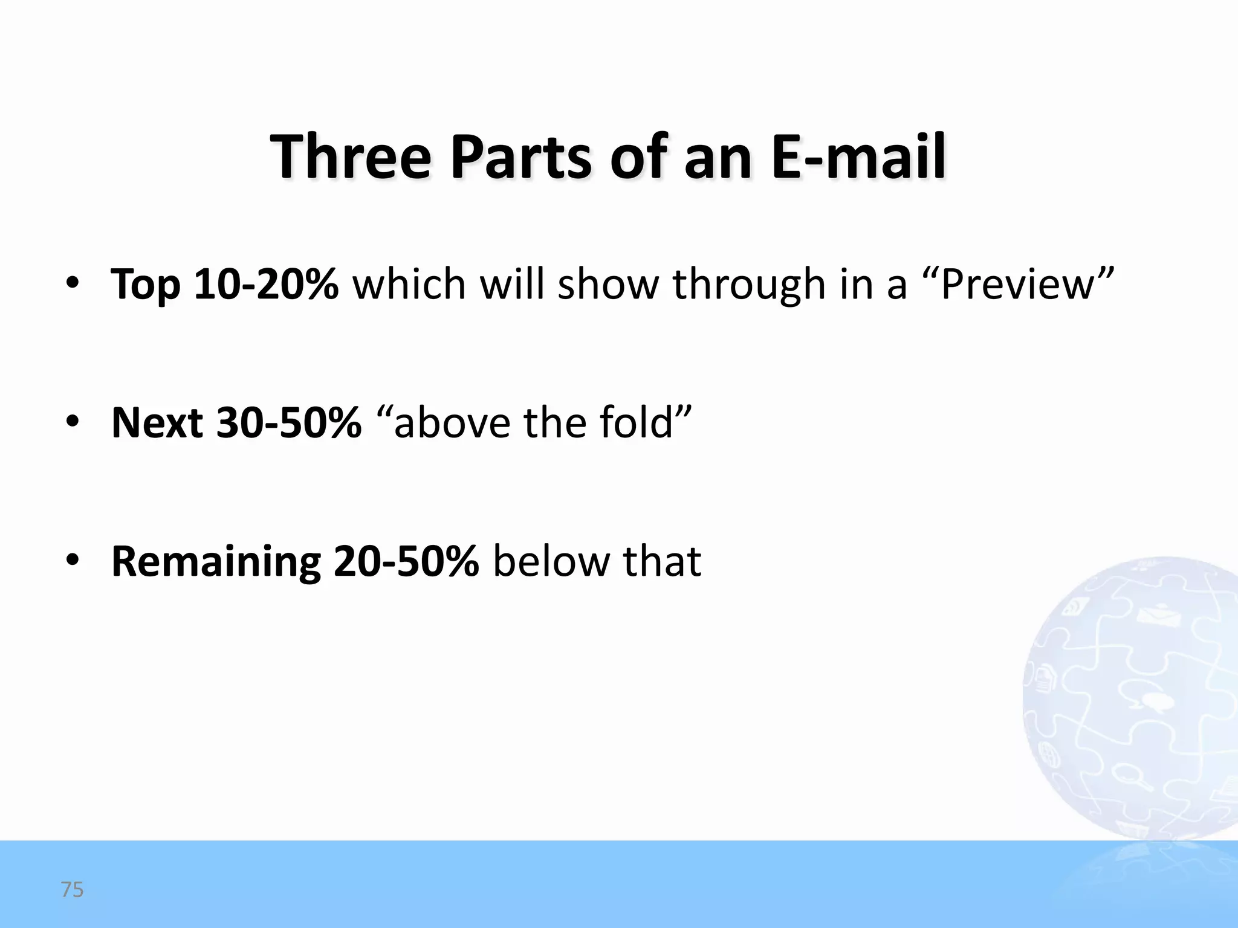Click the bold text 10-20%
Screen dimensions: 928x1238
265,283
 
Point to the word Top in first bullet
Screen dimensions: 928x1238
145,285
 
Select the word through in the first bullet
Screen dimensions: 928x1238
749,285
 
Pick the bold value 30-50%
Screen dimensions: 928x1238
289,422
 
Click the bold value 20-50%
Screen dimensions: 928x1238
406,561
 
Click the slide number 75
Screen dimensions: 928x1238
72,890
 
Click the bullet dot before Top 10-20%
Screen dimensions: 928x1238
73,283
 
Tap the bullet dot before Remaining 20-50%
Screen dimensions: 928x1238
73,561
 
